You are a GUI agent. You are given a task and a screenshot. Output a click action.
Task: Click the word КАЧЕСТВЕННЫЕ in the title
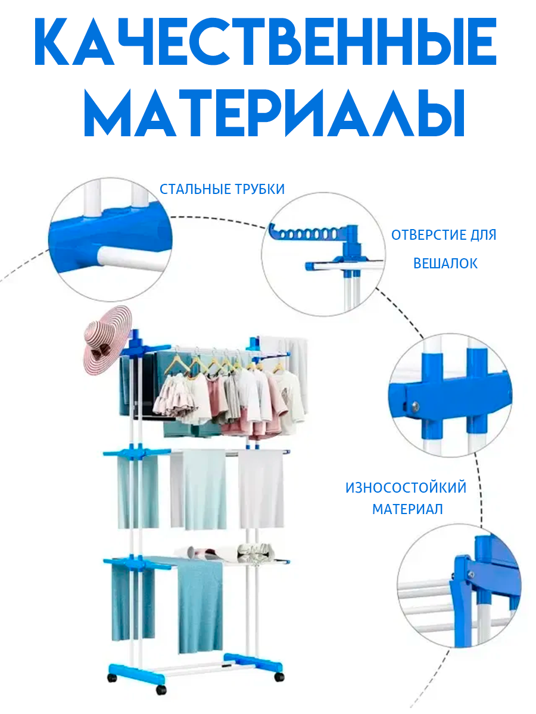[265, 42]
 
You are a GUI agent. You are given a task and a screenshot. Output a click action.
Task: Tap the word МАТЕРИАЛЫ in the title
[274, 112]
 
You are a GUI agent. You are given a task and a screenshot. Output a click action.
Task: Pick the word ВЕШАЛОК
[445, 264]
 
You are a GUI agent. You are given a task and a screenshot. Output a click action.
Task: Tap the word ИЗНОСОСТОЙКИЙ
[406, 488]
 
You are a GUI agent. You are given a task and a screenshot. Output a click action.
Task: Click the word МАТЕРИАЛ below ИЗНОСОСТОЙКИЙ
[407, 509]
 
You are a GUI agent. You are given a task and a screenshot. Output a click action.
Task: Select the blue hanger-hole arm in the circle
[313, 233]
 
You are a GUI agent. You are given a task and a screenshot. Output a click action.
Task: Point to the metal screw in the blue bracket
[415, 405]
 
